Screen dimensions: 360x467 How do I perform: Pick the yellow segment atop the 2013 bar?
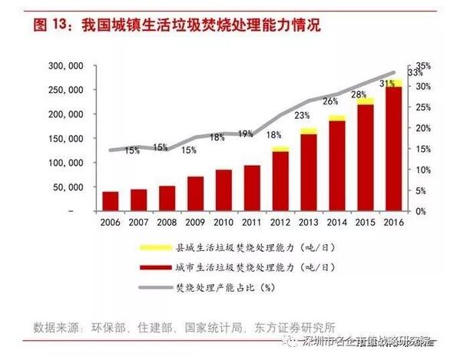pyautogui.click(x=309, y=131)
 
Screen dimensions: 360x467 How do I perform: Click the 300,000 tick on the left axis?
pyautogui.click(x=65, y=67)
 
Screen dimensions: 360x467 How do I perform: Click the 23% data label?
pyautogui.click(x=302, y=116)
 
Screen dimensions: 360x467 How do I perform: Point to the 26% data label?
pyautogui.click(x=330, y=101)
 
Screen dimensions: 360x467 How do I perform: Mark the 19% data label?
pyautogui.click(x=245, y=134)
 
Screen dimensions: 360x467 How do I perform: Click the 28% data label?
pyautogui.click(x=359, y=94)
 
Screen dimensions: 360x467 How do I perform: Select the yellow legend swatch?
pyautogui.click(x=151, y=249)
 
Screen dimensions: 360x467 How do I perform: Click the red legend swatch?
pyautogui.click(x=151, y=267)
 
